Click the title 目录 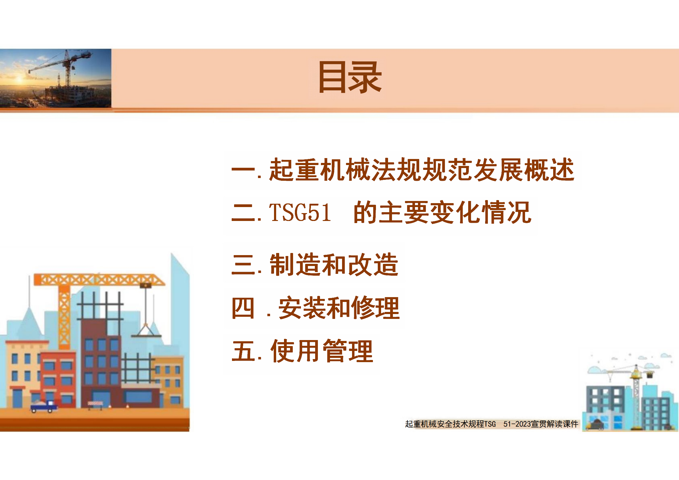350,77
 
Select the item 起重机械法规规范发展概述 422,170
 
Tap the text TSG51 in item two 300,212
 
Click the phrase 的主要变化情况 442,212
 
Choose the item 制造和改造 334,265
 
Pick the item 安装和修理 339,308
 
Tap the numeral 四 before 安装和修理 243,308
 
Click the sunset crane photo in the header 56,78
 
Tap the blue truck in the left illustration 44,406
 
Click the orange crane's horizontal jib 100,280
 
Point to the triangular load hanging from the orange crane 146,330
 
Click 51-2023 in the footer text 517,424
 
